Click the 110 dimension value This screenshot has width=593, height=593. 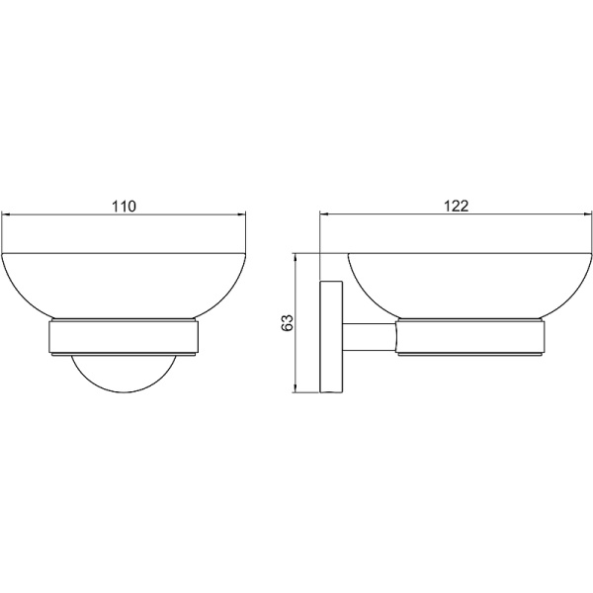[x=124, y=207]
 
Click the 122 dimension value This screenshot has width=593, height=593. [x=456, y=207]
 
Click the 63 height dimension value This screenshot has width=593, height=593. [x=288, y=322]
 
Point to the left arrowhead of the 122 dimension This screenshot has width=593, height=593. [x=324, y=214]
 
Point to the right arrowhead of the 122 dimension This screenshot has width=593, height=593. [x=587, y=214]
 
